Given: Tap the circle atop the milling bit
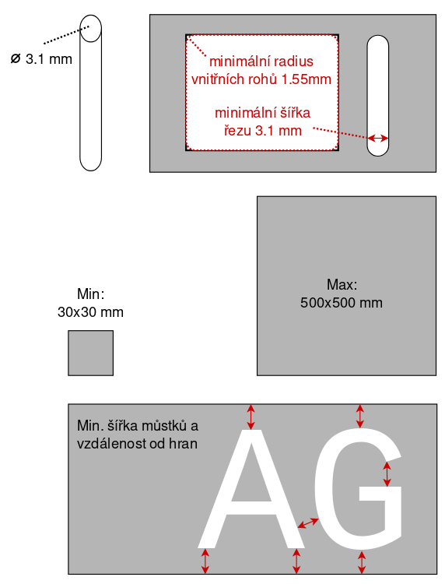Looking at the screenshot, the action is coord(90,28).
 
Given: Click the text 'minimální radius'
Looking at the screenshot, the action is coord(261,62).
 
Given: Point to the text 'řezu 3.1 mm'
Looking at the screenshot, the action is coord(263,131).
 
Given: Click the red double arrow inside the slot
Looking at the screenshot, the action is coord(377,139).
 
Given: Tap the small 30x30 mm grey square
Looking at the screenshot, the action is coord(90,353).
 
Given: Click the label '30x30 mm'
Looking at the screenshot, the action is coord(90,312).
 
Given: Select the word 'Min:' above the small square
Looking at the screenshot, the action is coord(91,294).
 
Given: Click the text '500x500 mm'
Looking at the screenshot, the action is coord(342,303).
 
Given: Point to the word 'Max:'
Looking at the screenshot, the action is coord(342,284).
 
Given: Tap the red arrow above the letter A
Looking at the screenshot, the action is coord(251,417).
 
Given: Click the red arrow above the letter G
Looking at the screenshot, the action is coord(359,417).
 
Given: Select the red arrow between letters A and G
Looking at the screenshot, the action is coord(308,523).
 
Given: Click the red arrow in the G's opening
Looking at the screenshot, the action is coord(387,474).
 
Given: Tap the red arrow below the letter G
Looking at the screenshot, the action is coord(361,562).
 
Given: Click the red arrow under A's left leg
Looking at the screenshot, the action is coord(205,561).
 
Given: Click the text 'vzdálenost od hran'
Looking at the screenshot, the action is coord(137,444).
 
